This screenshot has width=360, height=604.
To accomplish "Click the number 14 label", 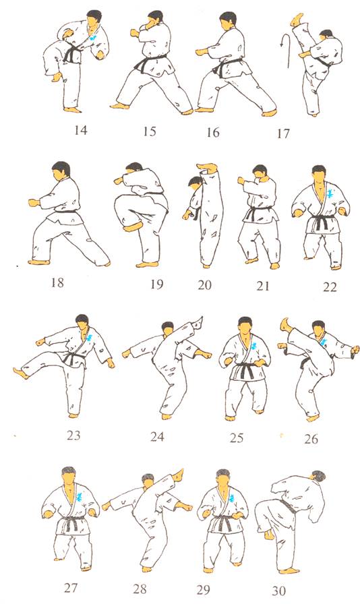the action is tap(80, 130).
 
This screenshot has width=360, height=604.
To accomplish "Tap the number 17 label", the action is tap(283, 134).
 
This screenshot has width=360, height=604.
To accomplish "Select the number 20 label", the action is tap(205, 284).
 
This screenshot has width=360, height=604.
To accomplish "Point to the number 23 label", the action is tap(73, 435).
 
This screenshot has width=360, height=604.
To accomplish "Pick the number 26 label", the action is tap(311, 439).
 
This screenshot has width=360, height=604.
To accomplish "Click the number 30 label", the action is tap(279, 591).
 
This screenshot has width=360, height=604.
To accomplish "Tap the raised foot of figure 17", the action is tap(297, 20).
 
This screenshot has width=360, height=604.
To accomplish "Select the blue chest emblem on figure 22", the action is tap(330, 193).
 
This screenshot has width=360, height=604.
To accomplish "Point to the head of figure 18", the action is tap(61, 171).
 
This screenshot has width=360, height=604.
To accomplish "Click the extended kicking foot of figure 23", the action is tap(21, 373).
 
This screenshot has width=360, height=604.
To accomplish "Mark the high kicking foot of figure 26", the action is tap(286, 326).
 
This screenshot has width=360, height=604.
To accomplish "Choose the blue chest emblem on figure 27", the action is tap(80, 497).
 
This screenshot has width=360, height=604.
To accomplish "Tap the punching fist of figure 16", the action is tap(200, 53).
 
